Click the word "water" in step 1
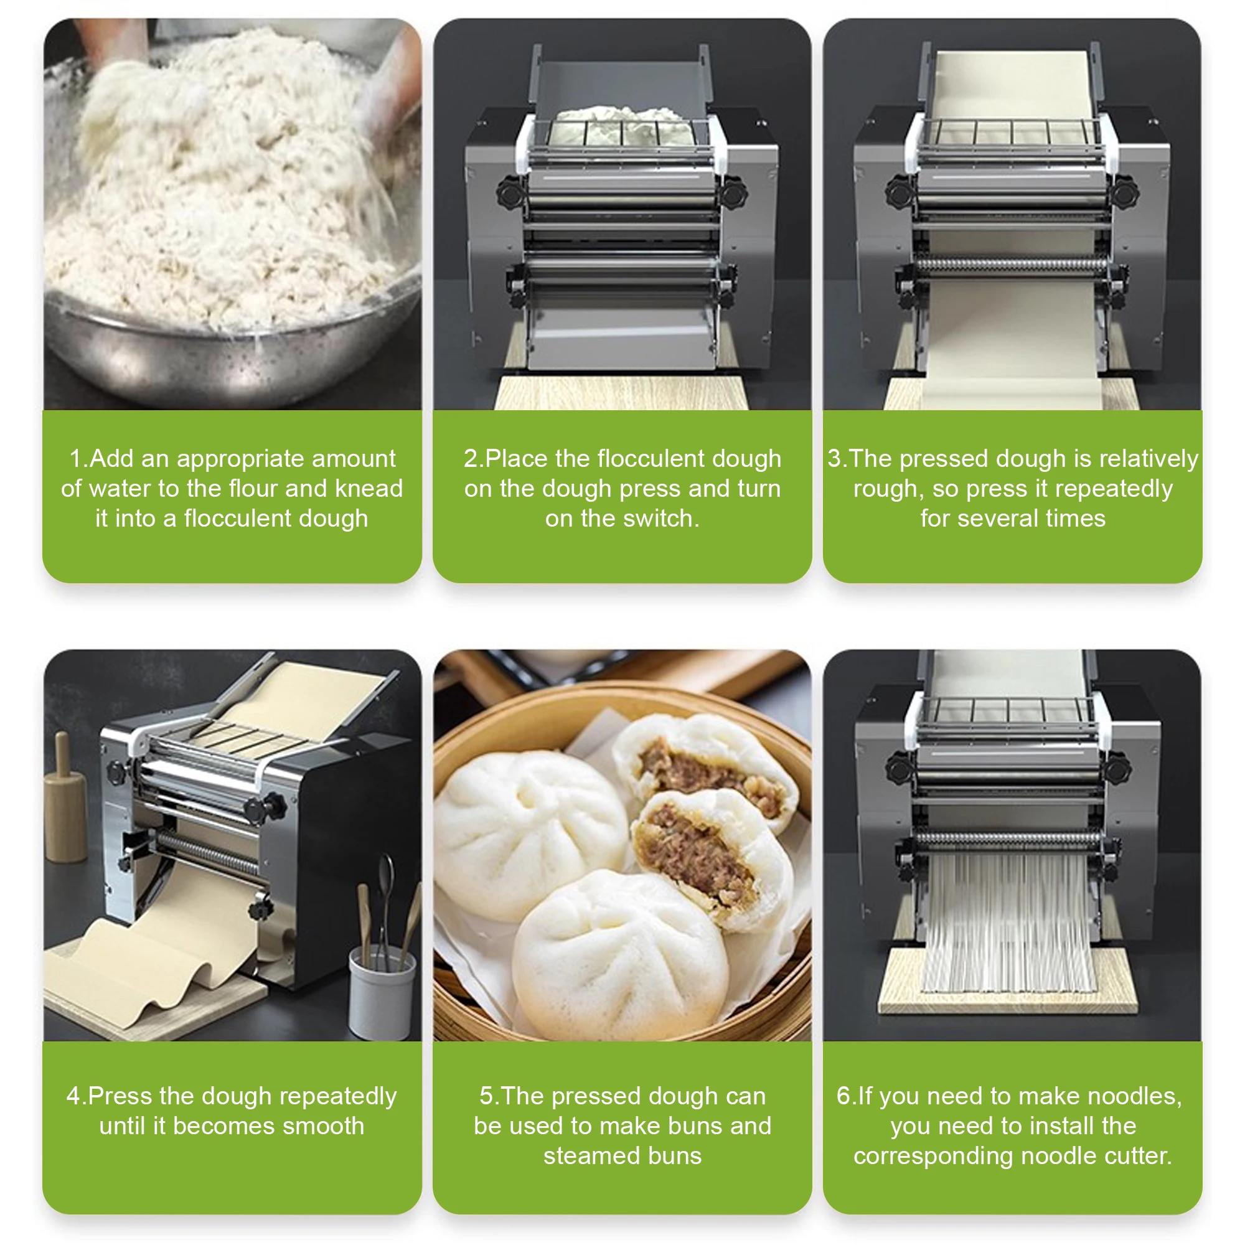click(x=128, y=489)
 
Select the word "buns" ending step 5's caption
click(x=675, y=1155)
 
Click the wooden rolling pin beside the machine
click(x=65, y=798)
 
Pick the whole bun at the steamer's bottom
click(x=620, y=952)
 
